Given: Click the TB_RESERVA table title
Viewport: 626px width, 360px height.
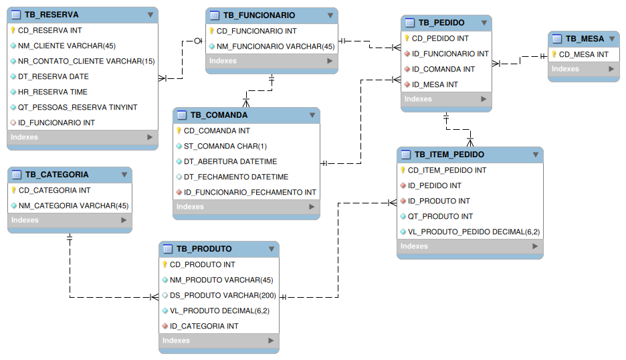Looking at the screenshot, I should (x=51, y=15).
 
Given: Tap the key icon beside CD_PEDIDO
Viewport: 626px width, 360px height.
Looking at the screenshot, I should (x=407, y=38).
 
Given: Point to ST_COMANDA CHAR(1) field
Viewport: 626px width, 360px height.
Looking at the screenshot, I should (x=225, y=146).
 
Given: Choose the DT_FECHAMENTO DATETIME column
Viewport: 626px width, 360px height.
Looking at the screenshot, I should (x=236, y=177).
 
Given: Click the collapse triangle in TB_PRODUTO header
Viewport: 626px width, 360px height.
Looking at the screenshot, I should (x=271, y=249).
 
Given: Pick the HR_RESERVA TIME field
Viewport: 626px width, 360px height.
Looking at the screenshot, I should (x=53, y=92).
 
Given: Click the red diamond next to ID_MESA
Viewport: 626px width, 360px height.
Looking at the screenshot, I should (x=407, y=84).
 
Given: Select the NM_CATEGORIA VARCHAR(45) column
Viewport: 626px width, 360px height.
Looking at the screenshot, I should (x=74, y=205).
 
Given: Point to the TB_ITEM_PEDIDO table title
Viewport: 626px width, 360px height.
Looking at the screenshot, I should (x=449, y=155).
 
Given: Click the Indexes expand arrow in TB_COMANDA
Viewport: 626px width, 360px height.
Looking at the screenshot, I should (x=312, y=207).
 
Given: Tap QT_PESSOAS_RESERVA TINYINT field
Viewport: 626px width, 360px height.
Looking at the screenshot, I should (x=78, y=107).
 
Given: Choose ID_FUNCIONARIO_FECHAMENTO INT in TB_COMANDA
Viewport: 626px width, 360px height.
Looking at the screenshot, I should (x=250, y=192).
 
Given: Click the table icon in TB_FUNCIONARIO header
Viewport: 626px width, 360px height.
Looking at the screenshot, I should (x=213, y=15).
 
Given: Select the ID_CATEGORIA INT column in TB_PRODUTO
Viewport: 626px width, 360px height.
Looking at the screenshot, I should (x=204, y=326).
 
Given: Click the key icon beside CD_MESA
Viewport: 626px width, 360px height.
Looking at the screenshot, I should (x=554, y=54).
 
